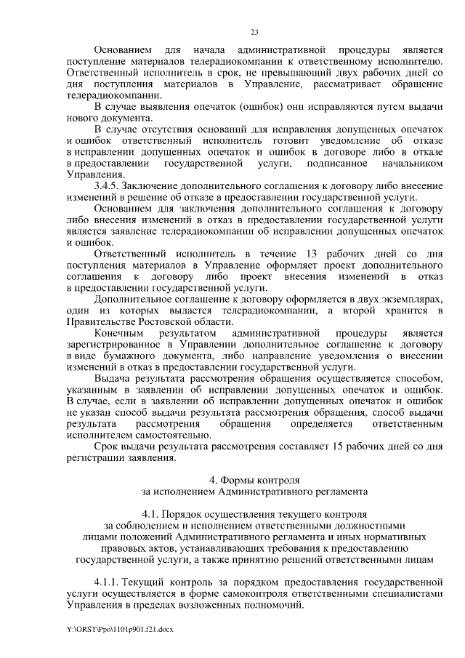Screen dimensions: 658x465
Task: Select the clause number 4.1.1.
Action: point(107,582)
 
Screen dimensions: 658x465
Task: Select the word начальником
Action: point(411,163)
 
